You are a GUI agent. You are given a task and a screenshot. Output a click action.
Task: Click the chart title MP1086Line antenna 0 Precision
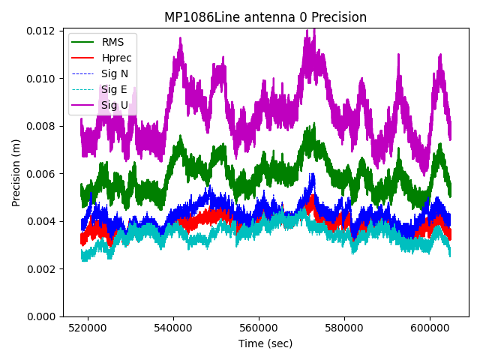[x=265, y=17]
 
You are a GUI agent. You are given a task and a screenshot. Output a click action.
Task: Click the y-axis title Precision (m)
[x=16, y=173]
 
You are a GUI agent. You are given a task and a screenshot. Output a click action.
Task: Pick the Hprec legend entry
[x=117, y=58]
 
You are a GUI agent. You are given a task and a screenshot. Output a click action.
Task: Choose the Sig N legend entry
[x=115, y=73]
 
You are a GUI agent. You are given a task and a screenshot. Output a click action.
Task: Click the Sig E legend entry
[x=114, y=89]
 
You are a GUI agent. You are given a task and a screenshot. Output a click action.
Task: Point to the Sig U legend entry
[x=115, y=105]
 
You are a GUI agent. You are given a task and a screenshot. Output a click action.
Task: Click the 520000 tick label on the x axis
[x=88, y=328]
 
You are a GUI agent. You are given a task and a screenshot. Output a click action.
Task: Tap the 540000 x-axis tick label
[x=174, y=328]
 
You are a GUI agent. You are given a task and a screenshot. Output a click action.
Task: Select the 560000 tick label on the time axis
[x=259, y=328]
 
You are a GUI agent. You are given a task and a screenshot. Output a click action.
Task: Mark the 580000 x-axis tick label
[x=345, y=328]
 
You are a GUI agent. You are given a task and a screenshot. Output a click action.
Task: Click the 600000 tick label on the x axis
[x=430, y=328]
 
